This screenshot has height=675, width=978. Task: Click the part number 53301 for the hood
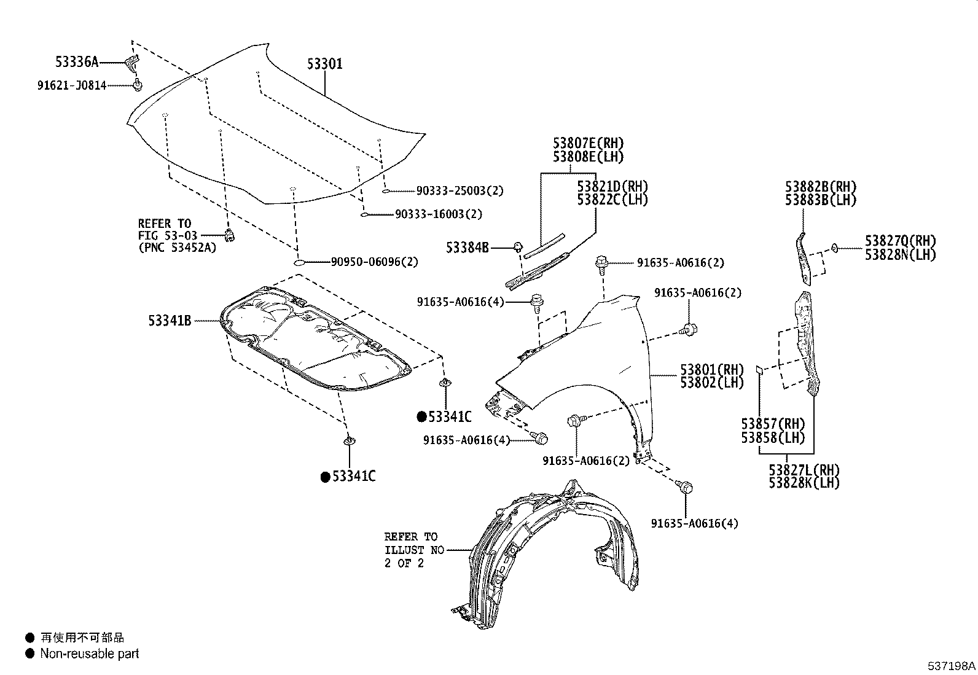pyautogui.click(x=324, y=64)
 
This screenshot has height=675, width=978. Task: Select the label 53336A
pyautogui.click(x=76, y=62)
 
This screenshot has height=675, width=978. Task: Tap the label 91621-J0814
pyautogui.click(x=71, y=85)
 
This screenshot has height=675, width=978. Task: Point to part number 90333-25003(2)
pyautogui.click(x=460, y=191)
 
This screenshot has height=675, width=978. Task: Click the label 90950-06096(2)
pyautogui.click(x=374, y=262)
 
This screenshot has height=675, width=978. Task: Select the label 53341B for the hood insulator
pyautogui.click(x=170, y=321)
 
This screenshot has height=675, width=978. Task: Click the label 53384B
pyautogui.click(x=467, y=248)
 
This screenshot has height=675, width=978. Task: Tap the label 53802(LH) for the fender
pyautogui.click(x=711, y=383)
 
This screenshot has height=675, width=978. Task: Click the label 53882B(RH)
pyautogui.click(x=820, y=187)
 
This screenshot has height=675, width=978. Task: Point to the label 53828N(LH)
pyautogui.click(x=900, y=254)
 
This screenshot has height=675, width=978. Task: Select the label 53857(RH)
pyautogui.click(x=773, y=424)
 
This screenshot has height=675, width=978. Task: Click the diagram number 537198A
pyautogui.click(x=952, y=665)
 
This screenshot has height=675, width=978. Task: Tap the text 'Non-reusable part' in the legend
pyautogui.click(x=90, y=654)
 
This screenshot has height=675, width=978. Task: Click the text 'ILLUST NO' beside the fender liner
pyautogui.click(x=414, y=550)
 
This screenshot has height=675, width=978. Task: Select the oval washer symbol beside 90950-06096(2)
pyautogui.click(x=299, y=263)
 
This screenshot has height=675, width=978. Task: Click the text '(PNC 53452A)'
pyautogui.click(x=177, y=248)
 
